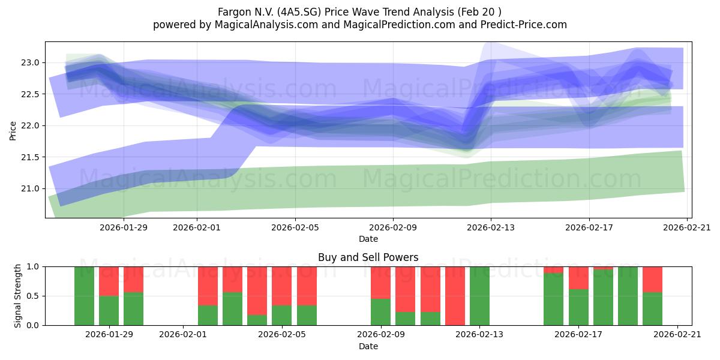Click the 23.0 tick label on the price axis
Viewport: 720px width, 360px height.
pos(30,62)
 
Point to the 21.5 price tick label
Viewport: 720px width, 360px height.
pos(30,157)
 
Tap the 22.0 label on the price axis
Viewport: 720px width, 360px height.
pos(30,125)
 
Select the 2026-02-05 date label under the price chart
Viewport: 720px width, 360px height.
pos(295,227)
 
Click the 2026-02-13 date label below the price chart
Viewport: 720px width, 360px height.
pos(491,227)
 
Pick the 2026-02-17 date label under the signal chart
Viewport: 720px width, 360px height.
pos(578,334)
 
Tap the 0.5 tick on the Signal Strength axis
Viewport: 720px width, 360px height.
pos(33,296)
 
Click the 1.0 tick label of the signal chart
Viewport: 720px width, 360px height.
pos(33,266)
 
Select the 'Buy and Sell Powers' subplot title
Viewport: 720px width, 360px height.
pos(368,257)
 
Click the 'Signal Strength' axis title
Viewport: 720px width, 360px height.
pos(17,296)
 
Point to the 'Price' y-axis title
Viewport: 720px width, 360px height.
pos(13,131)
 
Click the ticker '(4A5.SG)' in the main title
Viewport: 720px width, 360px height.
pos(300,12)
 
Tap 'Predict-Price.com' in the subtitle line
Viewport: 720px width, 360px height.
pos(524,25)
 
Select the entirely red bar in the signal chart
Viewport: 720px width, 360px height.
pos(455,296)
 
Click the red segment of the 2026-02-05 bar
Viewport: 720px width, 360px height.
pos(281,286)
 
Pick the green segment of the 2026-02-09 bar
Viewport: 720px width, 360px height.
pos(380,312)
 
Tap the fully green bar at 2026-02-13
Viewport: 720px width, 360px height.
pos(479,296)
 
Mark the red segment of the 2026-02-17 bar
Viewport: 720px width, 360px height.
pos(578,278)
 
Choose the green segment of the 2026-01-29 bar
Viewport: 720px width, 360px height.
pos(109,311)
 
